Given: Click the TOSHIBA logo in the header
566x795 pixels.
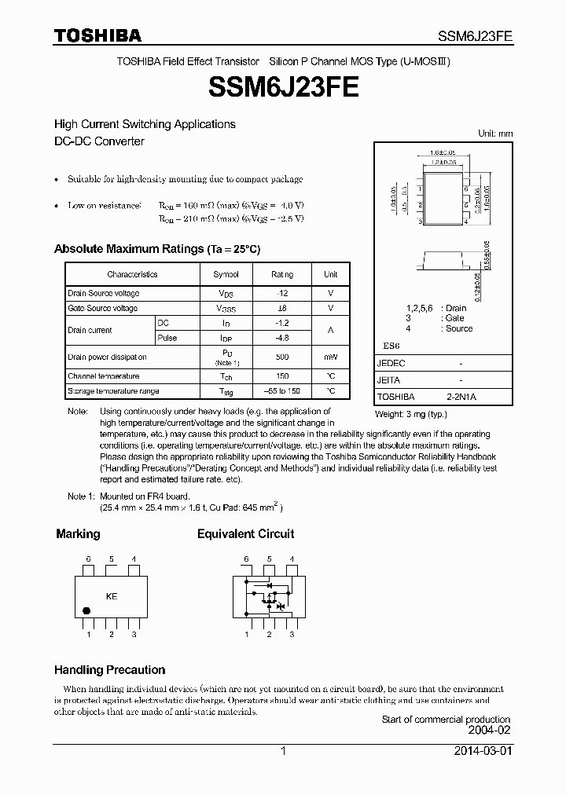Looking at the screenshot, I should click(97, 35).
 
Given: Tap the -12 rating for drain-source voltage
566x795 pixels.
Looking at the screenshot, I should click(281, 293).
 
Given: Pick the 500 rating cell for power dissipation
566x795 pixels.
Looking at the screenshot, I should click(281, 357).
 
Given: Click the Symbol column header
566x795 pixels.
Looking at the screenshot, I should click(226, 274).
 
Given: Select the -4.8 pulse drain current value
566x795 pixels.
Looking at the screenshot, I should click(281, 338).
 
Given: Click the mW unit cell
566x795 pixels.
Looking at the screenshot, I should click(330, 357).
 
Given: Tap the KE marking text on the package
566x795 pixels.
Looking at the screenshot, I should click(112, 596).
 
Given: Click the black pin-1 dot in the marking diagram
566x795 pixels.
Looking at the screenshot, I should click(86, 610).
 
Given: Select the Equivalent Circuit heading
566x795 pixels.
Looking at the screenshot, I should click(245, 533).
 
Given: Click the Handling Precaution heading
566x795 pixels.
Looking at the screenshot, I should click(109, 670).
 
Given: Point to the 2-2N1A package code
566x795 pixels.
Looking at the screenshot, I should click(461, 397).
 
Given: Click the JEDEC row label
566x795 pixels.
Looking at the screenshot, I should click(391, 364).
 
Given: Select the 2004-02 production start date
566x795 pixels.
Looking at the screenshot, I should click(489, 730).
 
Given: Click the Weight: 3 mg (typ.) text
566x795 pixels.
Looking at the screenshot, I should click(410, 413).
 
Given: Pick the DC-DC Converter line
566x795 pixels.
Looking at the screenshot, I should click(99, 141).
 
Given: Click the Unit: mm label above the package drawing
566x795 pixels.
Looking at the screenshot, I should click(495, 134).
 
